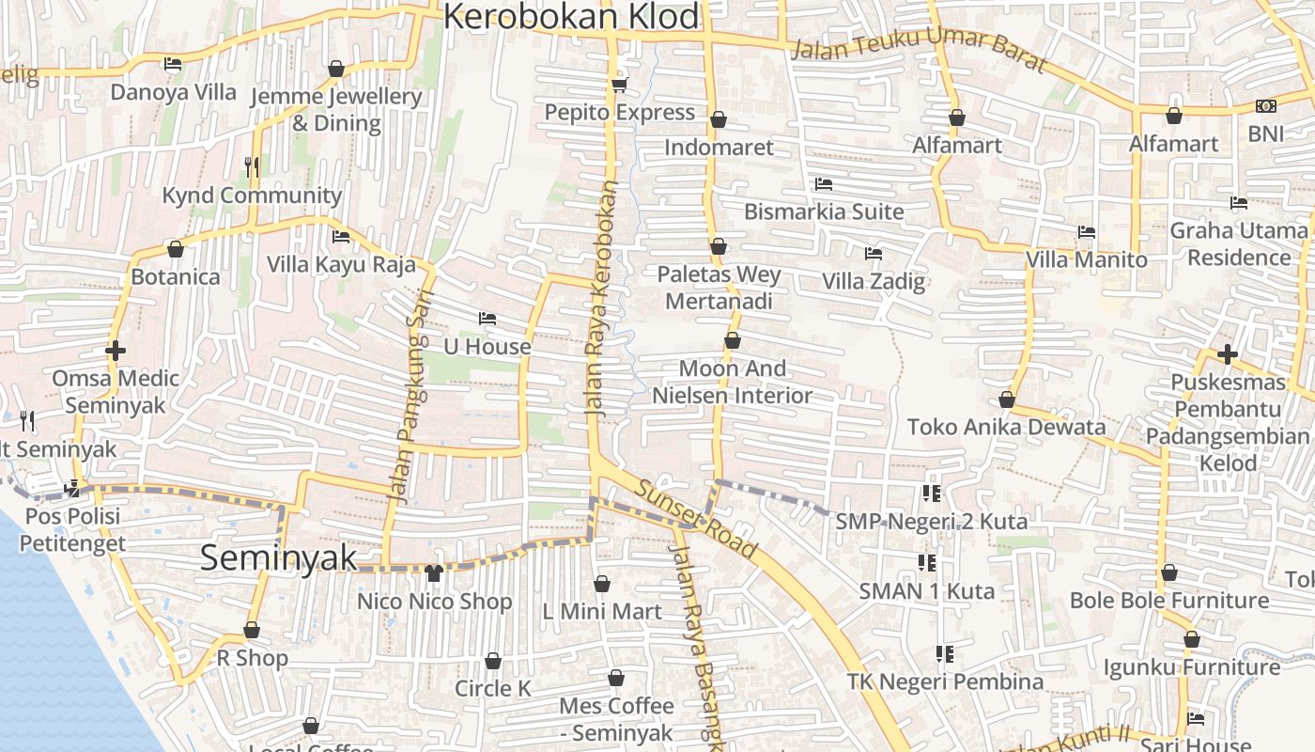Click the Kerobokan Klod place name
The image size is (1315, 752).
click(x=571, y=16)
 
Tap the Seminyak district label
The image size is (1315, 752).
click(x=278, y=557)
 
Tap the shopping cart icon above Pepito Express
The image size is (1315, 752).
click(x=619, y=86)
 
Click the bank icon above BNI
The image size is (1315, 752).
click(x=1265, y=106)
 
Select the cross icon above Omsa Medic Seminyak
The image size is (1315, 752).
click(x=116, y=351)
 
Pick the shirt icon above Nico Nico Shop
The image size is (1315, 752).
click(x=433, y=572)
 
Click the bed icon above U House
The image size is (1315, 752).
click(x=487, y=318)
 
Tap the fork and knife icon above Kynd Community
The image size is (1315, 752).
click(x=251, y=167)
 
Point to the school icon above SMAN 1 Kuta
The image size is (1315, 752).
click(x=927, y=562)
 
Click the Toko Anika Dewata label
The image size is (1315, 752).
click(x=1006, y=427)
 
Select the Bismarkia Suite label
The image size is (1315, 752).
click(x=824, y=211)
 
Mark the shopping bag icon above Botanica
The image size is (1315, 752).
click(x=175, y=249)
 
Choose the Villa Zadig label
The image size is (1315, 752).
click(x=873, y=280)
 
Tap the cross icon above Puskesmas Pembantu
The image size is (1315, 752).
click(x=1227, y=354)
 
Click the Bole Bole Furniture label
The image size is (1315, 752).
click(x=1168, y=600)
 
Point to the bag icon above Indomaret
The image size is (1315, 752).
click(x=719, y=119)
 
